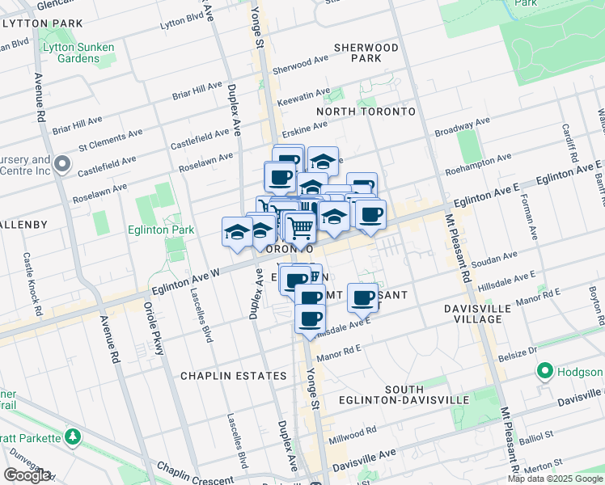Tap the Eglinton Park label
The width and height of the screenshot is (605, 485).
161,230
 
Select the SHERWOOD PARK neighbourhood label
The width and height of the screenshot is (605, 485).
370,53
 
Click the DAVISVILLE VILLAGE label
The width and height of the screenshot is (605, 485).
484,314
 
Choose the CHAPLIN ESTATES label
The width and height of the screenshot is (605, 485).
233,376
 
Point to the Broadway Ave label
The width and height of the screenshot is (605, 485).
463,127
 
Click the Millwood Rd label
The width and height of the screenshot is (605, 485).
359,431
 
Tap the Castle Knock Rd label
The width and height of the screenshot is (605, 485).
32,283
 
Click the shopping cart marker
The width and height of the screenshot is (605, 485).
301,230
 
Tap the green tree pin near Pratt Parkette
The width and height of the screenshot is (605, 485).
74,437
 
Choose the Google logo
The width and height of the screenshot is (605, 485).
27,475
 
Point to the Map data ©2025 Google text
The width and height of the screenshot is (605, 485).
555,479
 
